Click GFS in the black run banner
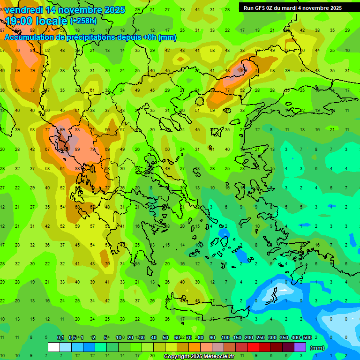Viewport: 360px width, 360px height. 262,8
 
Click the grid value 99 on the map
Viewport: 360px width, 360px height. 62,130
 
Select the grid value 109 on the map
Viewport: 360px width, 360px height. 243,70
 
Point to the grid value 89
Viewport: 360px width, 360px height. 77,150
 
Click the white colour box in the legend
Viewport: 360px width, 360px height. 54,347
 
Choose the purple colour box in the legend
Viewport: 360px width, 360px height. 300,347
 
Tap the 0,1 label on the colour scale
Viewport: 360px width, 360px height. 60,338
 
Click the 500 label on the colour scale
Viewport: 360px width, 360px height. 307,338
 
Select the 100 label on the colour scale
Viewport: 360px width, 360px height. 225,338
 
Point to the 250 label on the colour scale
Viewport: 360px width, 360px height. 261,338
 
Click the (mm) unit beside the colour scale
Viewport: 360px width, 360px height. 317,348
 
